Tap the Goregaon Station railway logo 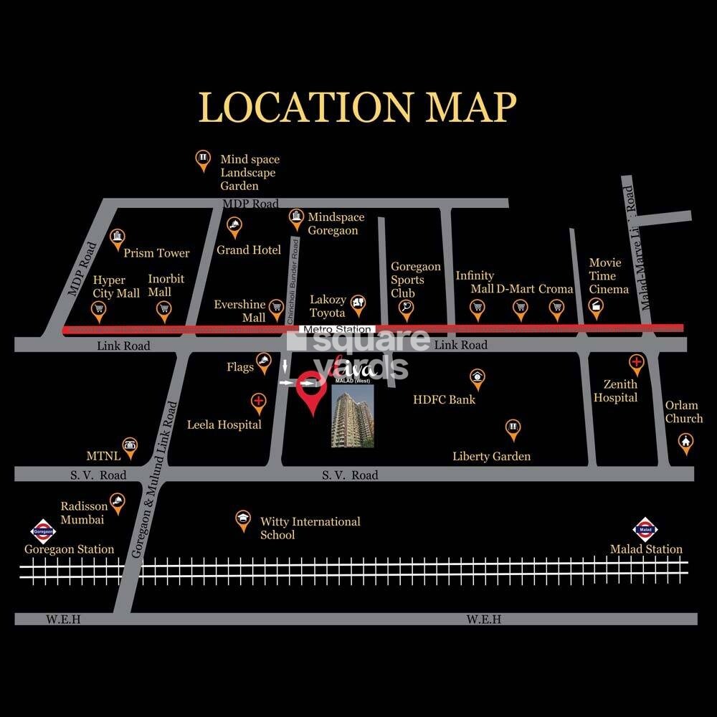pos(42,531)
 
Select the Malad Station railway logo pos(645,531)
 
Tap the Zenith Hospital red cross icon pos(635,362)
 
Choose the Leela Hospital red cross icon pos(258,401)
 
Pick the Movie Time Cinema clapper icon pos(595,306)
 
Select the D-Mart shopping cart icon pos(520,308)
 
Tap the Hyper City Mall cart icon pos(99,309)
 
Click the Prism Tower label pos(156,253)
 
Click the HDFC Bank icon pos(477,376)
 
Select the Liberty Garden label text pos(491,456)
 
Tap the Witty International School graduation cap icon pos(243,518)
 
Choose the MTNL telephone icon pos(130,445)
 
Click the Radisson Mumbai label pos(84,513)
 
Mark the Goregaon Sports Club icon pos(406,308)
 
